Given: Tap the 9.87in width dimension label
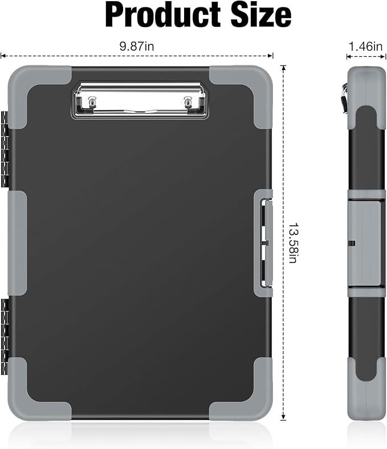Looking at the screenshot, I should pyautogui.click(x=137, y=47).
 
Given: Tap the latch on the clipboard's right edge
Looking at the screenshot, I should pyautogui.click(x=266, y=243).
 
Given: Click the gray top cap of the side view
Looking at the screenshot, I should pyautogui.click(x=365, y=85).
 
